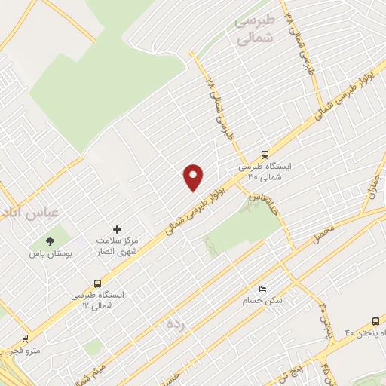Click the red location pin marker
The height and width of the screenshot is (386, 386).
194,177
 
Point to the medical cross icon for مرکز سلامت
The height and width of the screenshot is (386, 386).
116,228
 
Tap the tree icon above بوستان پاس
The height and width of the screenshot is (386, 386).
50,242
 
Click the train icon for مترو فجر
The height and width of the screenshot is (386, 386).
25,339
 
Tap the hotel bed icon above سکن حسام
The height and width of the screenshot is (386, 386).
262,289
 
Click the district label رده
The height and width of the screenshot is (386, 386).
176,324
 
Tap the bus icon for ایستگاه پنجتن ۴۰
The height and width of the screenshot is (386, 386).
374,320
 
